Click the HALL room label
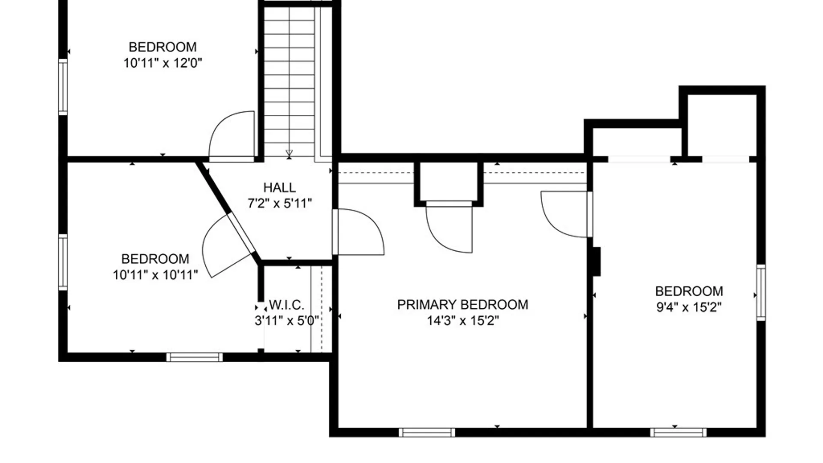point(279,187)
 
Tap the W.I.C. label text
point(287,305)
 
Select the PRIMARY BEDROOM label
point(463,304)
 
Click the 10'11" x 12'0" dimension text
point(162,63)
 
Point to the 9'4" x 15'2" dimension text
point(689,307)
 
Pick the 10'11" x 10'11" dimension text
point(155,275)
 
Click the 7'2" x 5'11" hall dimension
point(279,203)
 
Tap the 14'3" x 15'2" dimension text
point(463,321)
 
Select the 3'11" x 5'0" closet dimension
point(287,321)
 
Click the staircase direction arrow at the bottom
point(289,153)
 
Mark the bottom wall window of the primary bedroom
point(427,433)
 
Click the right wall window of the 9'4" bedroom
point(761,292)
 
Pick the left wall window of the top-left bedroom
point(63,87)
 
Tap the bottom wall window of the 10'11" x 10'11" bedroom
point(195,357)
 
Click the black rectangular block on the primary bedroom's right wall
point(596,262)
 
